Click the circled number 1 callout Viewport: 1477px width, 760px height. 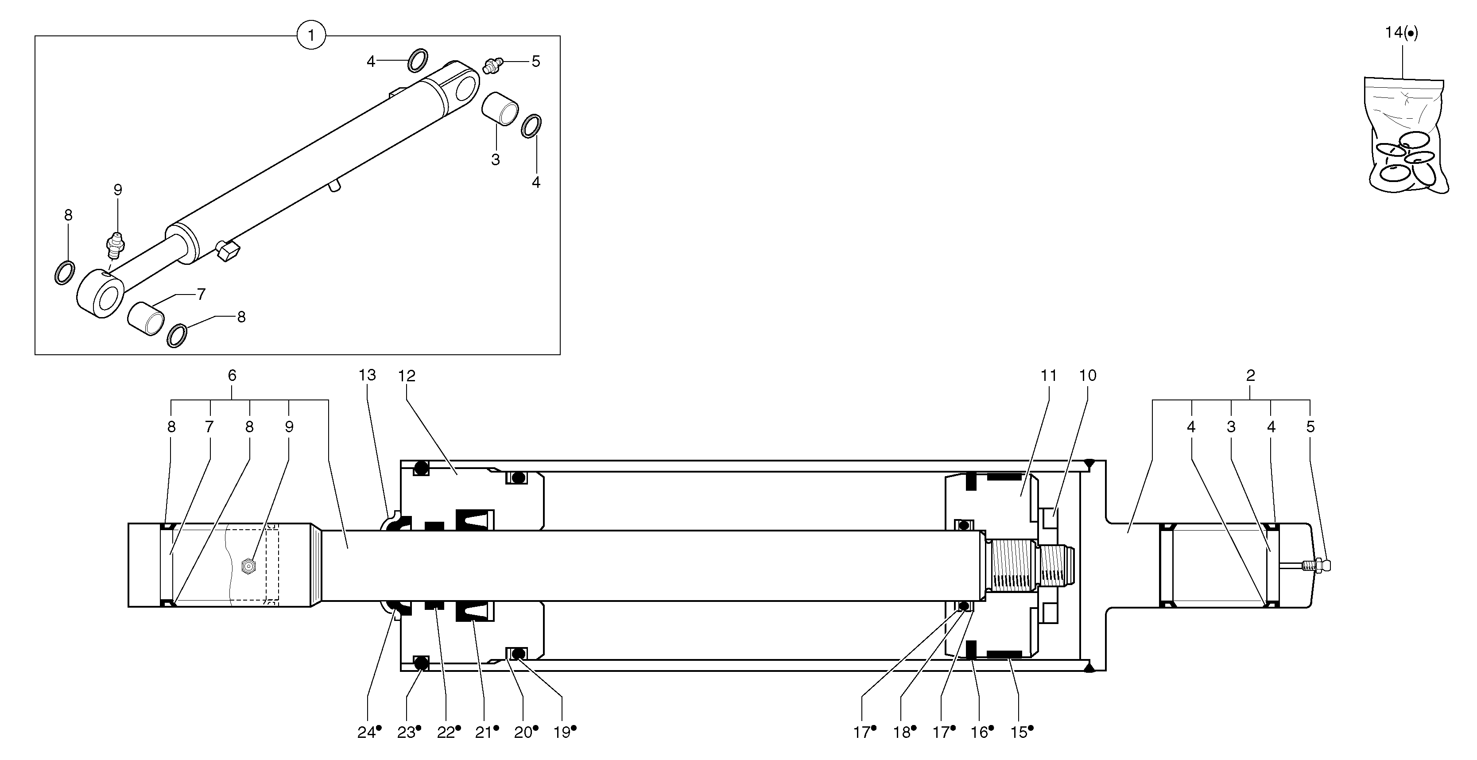click(311, 35)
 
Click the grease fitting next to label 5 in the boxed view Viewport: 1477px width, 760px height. click(492, 64)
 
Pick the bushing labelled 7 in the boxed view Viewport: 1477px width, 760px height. click(146, 319)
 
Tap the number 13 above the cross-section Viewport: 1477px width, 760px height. click(367, 375)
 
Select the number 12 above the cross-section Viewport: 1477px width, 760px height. click(407, 376)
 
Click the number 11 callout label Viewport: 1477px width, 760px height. click(1048, 376)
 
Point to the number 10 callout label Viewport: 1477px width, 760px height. click(1087, 376)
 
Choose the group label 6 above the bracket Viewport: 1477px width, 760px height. click(232, 376)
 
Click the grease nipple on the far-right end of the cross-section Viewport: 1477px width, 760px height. click(1318, 565)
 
